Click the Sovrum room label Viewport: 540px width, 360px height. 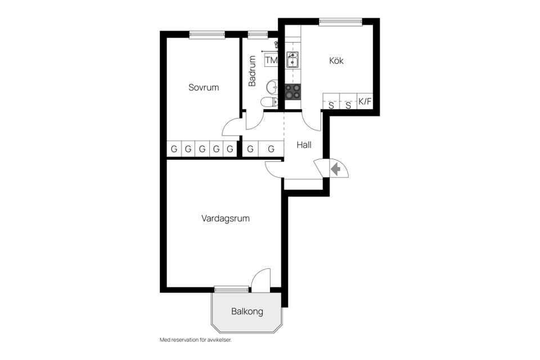point(204,87)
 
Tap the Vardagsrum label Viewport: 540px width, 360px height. point(226,218)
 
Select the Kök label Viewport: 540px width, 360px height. point(336,61)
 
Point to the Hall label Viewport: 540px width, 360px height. point(304,145)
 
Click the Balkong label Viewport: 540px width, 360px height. point(247,312)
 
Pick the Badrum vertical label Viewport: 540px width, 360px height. point(253,71)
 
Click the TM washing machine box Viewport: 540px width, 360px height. point(271,60)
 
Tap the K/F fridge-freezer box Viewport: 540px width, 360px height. point(366,101)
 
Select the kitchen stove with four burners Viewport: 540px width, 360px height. point(292,92)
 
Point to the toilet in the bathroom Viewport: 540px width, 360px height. point(269,102)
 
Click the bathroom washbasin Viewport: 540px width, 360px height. point(272,87)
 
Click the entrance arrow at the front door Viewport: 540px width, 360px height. point(335,169)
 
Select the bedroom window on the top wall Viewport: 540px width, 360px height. point(207,34)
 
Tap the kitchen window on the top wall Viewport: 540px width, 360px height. point(341,21)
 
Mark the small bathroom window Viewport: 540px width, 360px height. point(258,34)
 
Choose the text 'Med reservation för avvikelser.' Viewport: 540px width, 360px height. point(196,340)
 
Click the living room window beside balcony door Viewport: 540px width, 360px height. point(231,289)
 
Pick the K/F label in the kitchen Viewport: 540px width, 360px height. point(366,101)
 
